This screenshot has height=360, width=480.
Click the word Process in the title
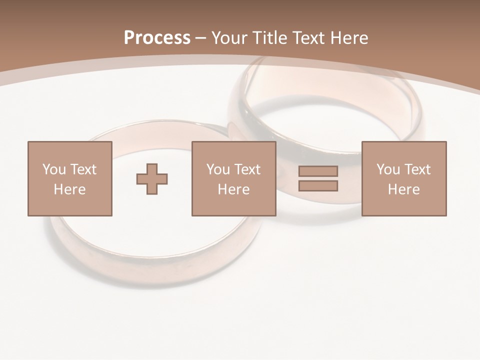[x=157, y=37]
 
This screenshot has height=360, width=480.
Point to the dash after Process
[x=201, y=38]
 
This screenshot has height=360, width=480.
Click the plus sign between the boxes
[x=152, y=178]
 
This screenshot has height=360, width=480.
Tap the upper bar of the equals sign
[x=318, y=171]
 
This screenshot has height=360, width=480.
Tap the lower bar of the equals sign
[x=318, y=186]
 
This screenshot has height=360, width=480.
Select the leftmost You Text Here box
[x=70, y=178]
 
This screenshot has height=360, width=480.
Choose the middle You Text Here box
[x=233, y=178]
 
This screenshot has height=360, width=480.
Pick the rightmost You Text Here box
[x=404, y=178]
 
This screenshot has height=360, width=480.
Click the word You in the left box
[x=53, y=169]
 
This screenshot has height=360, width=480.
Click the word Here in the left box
[x=70, y=189]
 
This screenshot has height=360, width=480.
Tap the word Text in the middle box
[x=247, y=169]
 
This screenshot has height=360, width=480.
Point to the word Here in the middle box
[x=233, y=189]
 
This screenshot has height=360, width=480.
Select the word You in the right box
[x=387, y=169]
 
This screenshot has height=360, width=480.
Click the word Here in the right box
[x=404, y=189]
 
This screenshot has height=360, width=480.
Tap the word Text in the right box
[x=417, y=169]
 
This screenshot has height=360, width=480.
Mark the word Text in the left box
[x=83, y=169]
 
